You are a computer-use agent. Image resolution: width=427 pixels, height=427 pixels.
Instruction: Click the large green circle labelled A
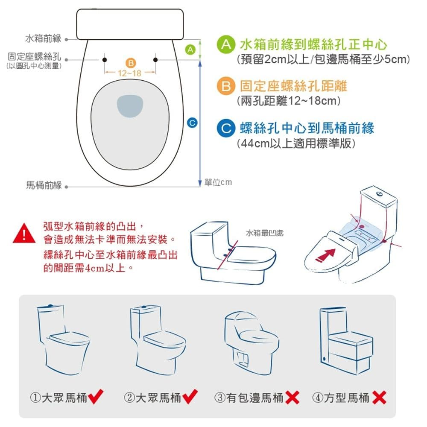point(226,44)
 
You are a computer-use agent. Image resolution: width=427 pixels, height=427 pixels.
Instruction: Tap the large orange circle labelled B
point(226,86)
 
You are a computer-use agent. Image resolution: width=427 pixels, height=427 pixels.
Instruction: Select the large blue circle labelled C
point(226,128)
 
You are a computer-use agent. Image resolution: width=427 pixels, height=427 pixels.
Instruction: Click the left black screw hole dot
point(105,60)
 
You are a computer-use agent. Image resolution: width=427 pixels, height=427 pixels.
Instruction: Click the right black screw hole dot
point(155,60)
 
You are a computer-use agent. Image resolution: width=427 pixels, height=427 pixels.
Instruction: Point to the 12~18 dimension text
point(130,73)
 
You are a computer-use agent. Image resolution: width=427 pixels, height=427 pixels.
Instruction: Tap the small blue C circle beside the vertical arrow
point(192,123)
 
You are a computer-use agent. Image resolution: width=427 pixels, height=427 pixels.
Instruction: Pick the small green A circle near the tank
point(190,50)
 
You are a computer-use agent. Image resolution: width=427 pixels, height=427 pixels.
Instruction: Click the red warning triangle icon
point(24,234)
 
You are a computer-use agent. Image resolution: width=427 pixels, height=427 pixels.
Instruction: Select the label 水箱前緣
point(43,39)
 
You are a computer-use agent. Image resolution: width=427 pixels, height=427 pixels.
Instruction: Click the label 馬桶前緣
point(44,185)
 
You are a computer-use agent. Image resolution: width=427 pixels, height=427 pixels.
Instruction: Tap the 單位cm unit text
point(218,182)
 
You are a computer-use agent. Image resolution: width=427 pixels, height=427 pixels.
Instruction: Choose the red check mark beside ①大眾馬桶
point(96,397)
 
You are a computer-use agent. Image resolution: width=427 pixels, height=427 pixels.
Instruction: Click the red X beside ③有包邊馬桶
point(292,398)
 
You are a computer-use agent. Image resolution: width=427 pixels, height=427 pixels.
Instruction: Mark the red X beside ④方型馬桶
point(379,398)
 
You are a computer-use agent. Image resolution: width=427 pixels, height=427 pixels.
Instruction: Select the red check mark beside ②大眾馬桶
point(190,397)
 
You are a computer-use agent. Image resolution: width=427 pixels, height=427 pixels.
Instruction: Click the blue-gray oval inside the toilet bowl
point(130,106)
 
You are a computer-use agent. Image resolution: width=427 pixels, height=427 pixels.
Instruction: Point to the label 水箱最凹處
point(265,233)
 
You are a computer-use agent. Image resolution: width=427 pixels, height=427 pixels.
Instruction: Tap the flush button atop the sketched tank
point(379,194)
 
